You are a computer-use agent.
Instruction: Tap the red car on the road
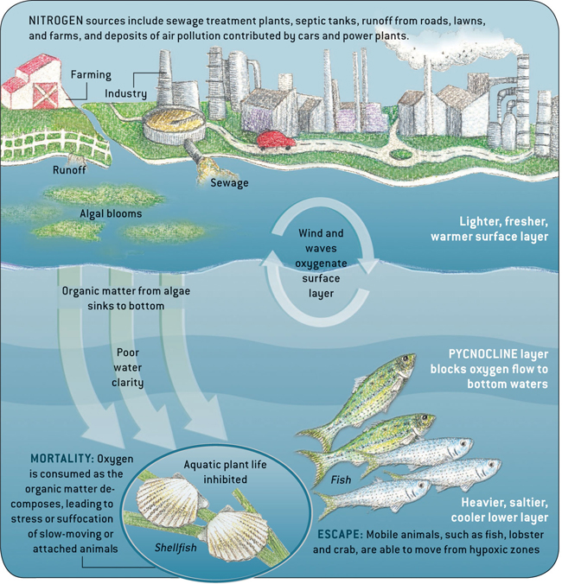click(274, 140)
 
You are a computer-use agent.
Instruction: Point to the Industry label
click(125, 93)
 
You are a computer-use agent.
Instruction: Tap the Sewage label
click(230, 182)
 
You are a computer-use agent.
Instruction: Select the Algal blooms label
click(111, 213)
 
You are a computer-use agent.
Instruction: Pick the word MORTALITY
click(61, 457)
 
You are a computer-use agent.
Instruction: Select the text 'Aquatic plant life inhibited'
click(217, 472)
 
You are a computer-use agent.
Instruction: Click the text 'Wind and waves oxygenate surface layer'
click(321, 263)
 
